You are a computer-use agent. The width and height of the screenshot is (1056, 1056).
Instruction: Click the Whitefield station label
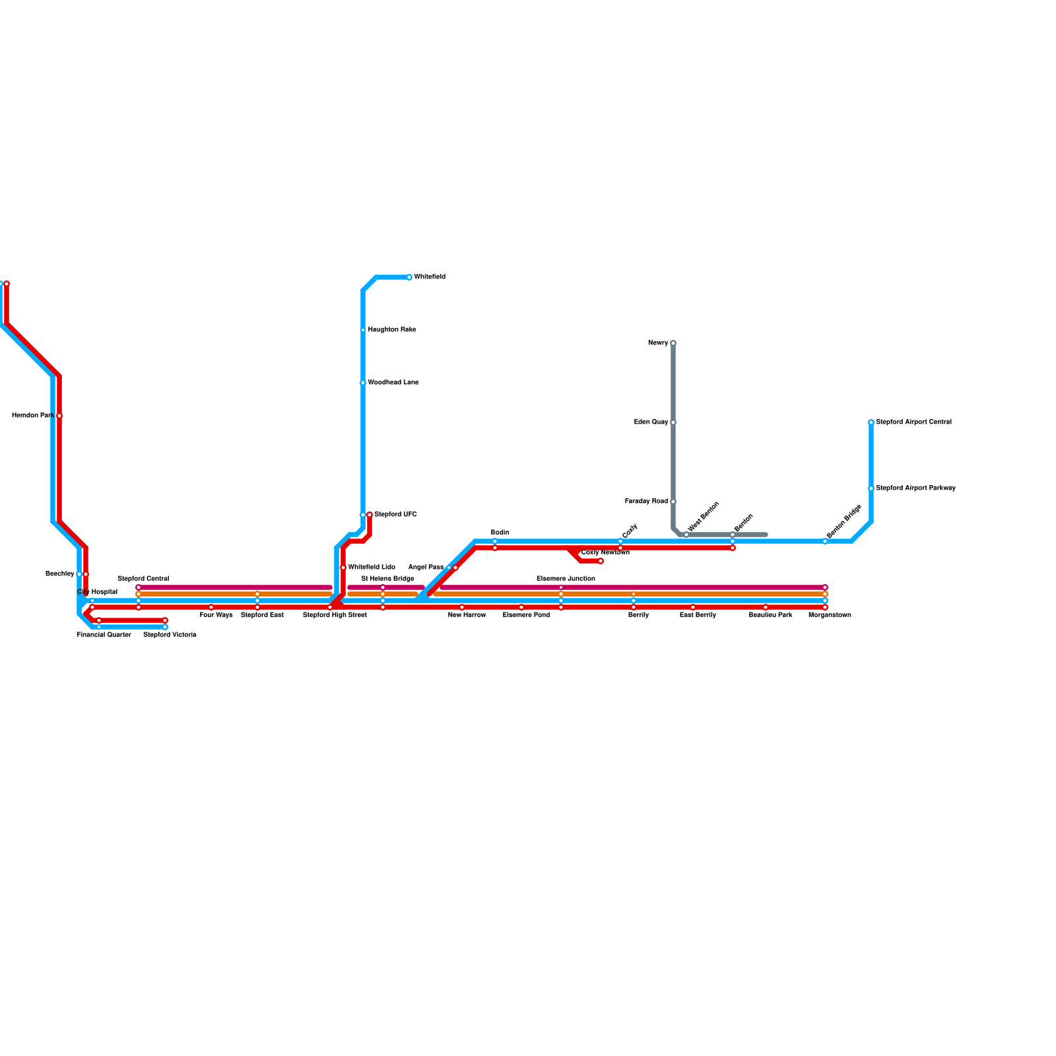(429, 277)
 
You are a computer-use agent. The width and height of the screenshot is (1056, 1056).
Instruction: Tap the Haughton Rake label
(391, 330)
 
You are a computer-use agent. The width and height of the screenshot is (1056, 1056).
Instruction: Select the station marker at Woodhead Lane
(363, 383)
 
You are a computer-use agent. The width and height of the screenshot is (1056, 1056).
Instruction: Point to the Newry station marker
(673, 343)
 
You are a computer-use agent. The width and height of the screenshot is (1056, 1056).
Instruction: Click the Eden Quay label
(651, 422)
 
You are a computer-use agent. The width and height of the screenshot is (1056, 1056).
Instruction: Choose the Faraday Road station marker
(673, 502)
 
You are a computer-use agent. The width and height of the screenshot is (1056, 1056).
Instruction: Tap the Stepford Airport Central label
(913, 422)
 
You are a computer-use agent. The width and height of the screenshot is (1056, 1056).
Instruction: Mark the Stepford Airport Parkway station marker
(871, 488)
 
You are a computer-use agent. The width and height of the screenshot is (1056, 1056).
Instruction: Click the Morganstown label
(830, 615)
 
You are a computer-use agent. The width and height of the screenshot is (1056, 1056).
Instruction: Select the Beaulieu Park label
(770, 615)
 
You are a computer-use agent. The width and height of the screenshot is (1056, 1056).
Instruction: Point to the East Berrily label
(698, 615)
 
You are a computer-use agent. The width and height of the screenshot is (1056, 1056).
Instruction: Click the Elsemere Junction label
(566, 579)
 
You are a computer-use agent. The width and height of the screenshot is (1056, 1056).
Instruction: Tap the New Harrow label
(467, 615)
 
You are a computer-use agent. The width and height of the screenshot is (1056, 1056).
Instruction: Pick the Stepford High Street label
(335, 615)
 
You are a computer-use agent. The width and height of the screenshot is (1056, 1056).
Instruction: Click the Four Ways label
(216, 615)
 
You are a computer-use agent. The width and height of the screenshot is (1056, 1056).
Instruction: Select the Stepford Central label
(143, 579)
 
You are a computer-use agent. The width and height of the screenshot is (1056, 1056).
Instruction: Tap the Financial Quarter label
(104, 635)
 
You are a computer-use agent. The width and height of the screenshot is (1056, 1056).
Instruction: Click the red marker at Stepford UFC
(370, 515)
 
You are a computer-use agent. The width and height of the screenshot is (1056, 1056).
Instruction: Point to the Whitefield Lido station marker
(343, 568)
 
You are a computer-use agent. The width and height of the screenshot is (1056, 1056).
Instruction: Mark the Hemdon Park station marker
(59, 416)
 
